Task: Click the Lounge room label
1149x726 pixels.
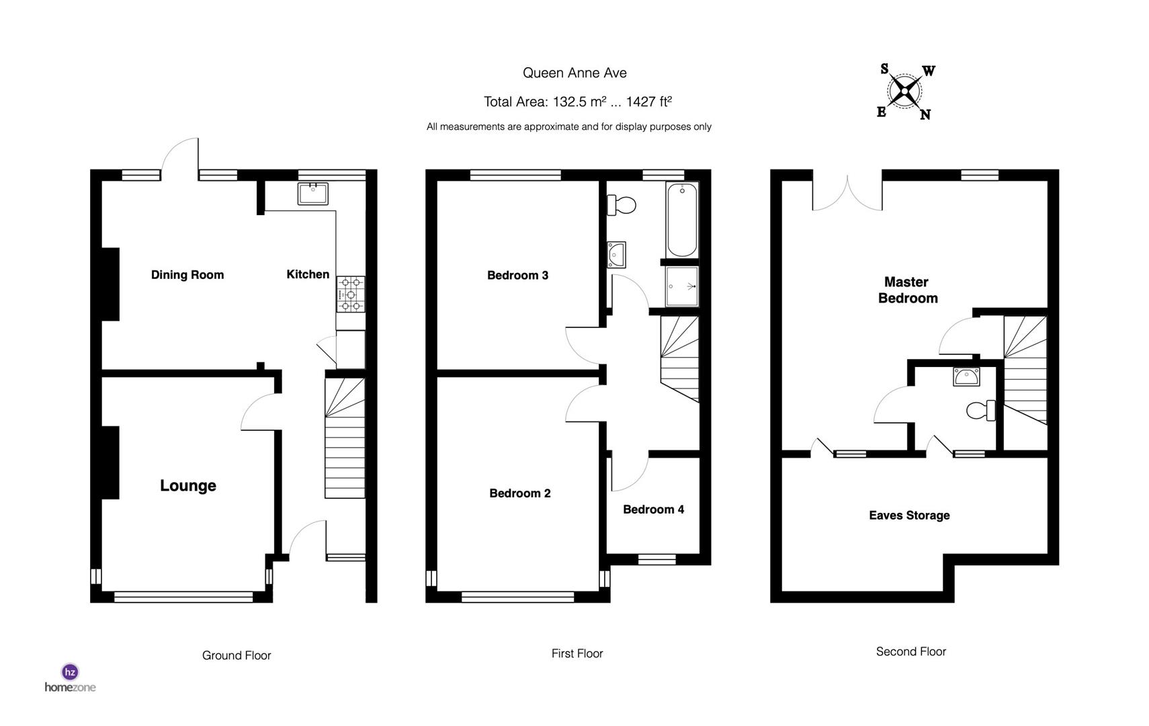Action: pos(187,485)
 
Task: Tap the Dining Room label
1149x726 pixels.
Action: pos(187,274)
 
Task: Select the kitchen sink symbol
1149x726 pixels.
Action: pos(312,193)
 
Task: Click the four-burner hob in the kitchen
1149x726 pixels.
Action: pos(351,294)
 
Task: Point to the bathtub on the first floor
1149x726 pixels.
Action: pos(682,219)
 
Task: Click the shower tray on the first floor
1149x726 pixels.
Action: pos(682,286)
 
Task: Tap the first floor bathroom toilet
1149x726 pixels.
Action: pos(622,204)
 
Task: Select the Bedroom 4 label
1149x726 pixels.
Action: pos(653,510)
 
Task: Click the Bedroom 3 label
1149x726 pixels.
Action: pos(517,275)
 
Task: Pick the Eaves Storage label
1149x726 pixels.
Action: pos(909,516)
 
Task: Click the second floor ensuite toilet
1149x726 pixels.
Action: pos(981,409)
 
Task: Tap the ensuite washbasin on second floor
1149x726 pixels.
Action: pos(966,376)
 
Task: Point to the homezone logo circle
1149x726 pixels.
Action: pos(70,672)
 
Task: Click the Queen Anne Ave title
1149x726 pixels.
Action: pos(574,73)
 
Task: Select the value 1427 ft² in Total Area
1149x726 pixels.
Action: pos(648,102)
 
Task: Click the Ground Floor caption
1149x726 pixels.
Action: pos(237,655)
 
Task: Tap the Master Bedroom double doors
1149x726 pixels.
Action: pos(847,193)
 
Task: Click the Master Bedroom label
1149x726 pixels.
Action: pos(907,290)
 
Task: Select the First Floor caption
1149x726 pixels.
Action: pos(577,653)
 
